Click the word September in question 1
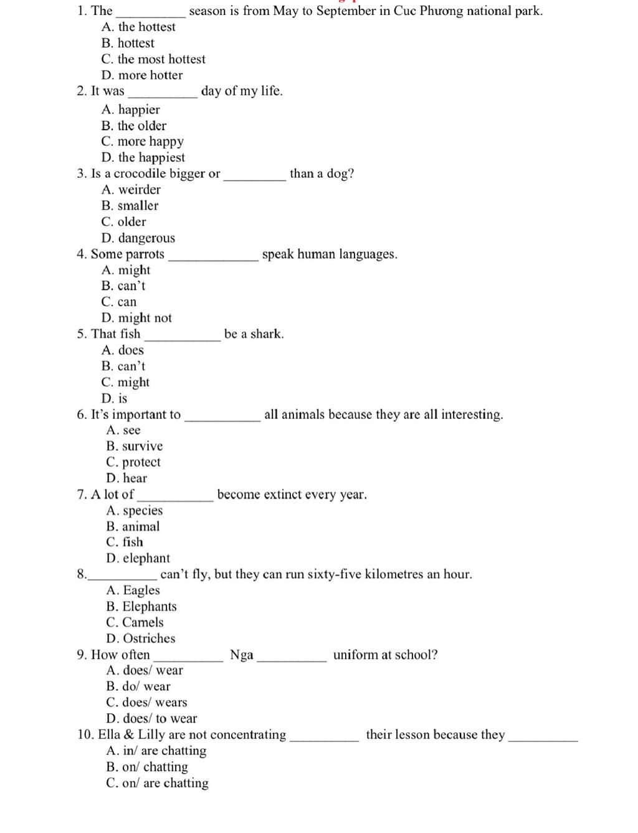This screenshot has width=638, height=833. [x=346, y=11]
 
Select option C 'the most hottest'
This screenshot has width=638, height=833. [x=153, y=59]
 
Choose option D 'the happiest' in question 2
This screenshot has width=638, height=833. [x=143, y=158]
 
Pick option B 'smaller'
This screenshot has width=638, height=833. [x=130, y=206]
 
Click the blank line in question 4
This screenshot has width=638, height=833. [x=213, y=259]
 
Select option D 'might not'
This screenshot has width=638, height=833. [x=136, y=318]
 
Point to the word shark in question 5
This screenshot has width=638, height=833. [x=267, y=334]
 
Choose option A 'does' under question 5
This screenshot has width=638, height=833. [x=123, y=350]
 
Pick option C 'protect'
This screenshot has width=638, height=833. [x=133, y=463]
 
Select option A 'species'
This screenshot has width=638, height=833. [x=135, y=511]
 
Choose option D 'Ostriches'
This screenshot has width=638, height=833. [x=141, y=638]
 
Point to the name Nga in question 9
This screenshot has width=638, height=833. [x=242, y=655]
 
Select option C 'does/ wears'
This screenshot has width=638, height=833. [x=146, y=703]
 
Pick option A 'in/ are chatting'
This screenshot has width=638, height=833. [x=156, y=751]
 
